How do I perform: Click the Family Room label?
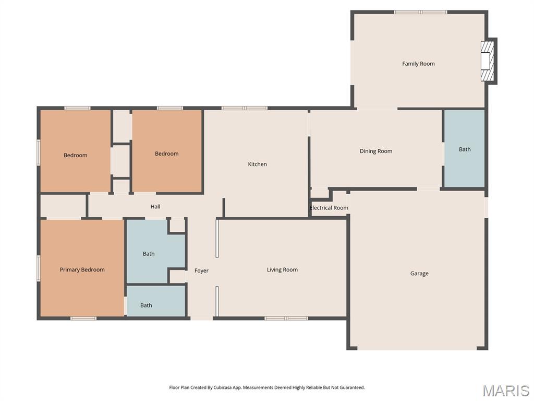[418, 64]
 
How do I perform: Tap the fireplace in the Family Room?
[488, 62]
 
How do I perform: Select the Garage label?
[419, 274]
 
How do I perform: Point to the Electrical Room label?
[329, 208]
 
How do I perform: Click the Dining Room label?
[376, 151]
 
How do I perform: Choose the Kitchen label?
[258, 164]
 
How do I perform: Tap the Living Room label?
[282, 270]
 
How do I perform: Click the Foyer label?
[201, 271]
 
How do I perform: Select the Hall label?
[155, 207]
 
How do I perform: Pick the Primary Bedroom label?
[82, 270]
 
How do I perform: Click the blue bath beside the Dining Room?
[465, 149]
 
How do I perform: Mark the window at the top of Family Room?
[421, 13]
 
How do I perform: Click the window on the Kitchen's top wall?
[244, 109]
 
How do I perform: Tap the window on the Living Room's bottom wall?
[286, 319]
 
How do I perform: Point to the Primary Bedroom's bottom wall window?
[83, 319]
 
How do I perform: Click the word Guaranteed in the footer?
[353, 388]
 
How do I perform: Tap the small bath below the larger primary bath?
[156, 301]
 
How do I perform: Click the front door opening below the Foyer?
[201, 319]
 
